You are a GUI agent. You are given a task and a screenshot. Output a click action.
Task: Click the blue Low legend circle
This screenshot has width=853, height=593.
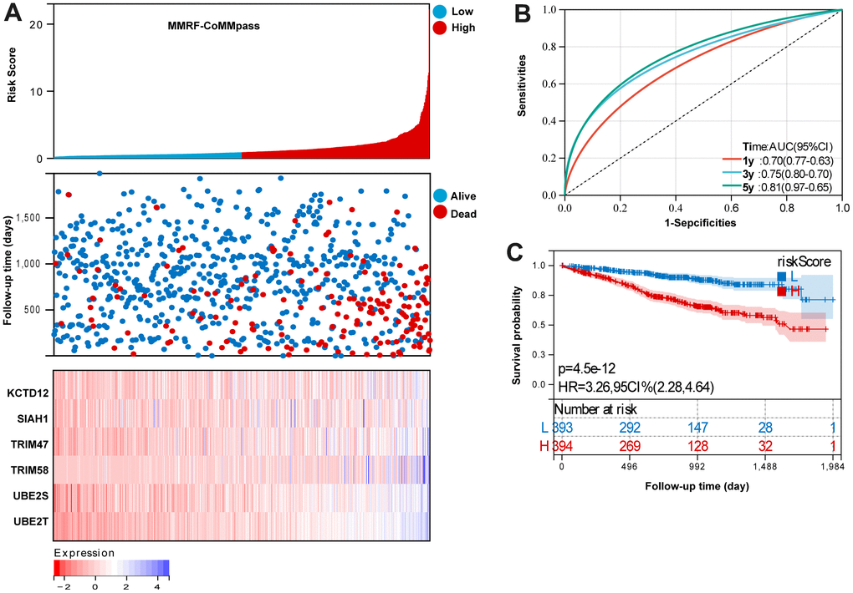point(441,12)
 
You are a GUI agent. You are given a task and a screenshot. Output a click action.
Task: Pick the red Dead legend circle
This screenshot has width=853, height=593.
point(441,214)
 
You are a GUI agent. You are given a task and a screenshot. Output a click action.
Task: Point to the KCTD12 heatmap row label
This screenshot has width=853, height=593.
point(27,392)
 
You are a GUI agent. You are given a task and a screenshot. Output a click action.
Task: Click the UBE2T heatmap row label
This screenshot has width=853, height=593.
point(29,523)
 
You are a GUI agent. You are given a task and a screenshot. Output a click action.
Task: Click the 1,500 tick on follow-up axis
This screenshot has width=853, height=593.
point(31,219)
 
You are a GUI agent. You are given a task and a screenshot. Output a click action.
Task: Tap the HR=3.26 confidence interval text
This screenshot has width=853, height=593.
point(636,385)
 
